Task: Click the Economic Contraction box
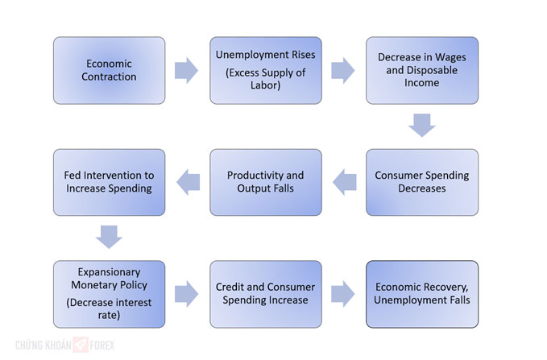pos(110,70)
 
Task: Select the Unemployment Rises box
pos(266,70)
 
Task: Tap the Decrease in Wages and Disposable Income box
pos(422,70)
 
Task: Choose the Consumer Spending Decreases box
pos(422,183)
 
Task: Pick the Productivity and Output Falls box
pos(266,183)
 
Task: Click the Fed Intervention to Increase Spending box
pos(110,183)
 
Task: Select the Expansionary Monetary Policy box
pos(110,294)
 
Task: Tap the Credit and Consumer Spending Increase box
pos(266,294)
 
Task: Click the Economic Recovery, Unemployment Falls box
pos(422,294)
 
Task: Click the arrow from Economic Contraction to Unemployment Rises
pos(186,70)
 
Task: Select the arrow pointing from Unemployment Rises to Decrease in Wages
pos(343,70)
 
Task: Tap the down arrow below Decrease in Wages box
pos(422,125)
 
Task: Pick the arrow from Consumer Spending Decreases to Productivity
pos(345,182)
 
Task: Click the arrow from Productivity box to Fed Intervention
pos(189,182)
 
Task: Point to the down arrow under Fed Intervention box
pos(109,238)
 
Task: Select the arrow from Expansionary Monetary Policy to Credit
pos(186,294)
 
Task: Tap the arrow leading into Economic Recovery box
pos(343,294)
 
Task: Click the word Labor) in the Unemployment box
pos(266,85)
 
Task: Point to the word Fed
pos(73,175)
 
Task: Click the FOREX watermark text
pos(102,346)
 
